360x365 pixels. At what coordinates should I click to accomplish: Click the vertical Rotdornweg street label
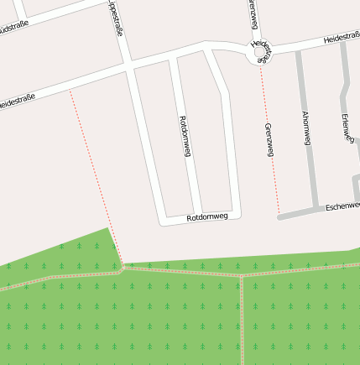[185, 136]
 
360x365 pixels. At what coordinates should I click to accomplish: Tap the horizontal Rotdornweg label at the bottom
[207, 216]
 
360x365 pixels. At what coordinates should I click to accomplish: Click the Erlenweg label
[346, 130]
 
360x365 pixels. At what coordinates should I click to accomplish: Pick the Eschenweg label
[342, 205]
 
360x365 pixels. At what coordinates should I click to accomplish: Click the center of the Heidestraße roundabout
[260, 53]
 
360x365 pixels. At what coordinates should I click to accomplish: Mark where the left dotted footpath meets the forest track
[123, 268]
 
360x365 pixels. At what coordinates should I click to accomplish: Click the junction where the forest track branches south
[242, 275]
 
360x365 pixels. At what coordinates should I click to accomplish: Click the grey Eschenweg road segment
[298, 213]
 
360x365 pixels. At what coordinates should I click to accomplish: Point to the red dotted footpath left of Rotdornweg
[92, 168]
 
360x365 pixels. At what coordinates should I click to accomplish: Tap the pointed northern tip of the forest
[108, 228]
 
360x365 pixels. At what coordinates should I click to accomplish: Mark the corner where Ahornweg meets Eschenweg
[316, 207]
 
